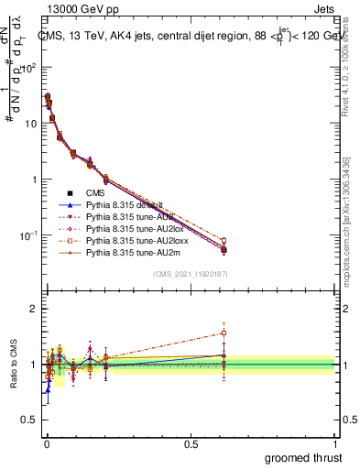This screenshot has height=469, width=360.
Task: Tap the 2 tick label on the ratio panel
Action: click(32, 309)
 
